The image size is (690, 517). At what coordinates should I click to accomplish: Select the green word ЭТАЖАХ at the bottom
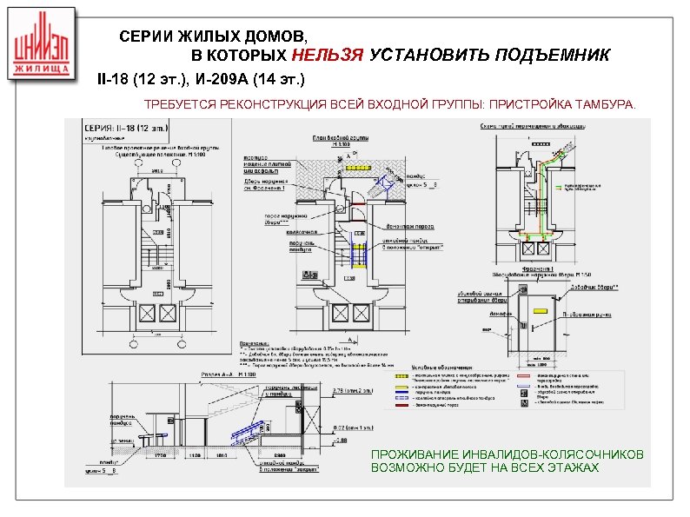(x=570, y=468)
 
